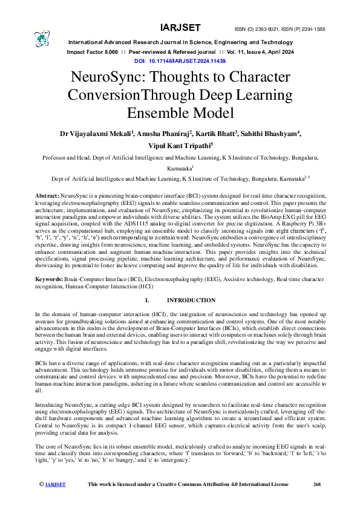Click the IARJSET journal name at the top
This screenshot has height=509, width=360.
pos(179,28)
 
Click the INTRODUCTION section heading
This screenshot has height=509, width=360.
pos(191,300)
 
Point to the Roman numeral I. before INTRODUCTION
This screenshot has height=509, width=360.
pos(147,300)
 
